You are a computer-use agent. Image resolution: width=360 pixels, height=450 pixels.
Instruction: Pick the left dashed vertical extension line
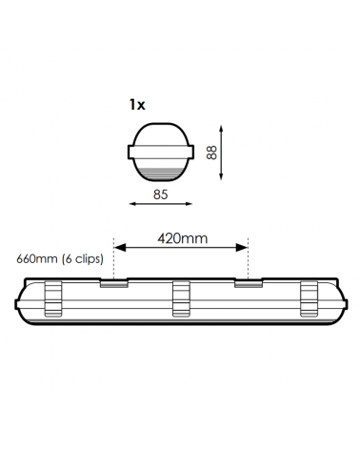(113, 257)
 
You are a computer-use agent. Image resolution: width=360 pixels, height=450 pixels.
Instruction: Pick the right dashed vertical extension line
(249, 257)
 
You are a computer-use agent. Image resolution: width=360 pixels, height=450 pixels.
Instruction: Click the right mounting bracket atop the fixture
(249, 282)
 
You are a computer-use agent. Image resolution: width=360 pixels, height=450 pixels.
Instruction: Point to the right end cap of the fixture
(340, 305)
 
